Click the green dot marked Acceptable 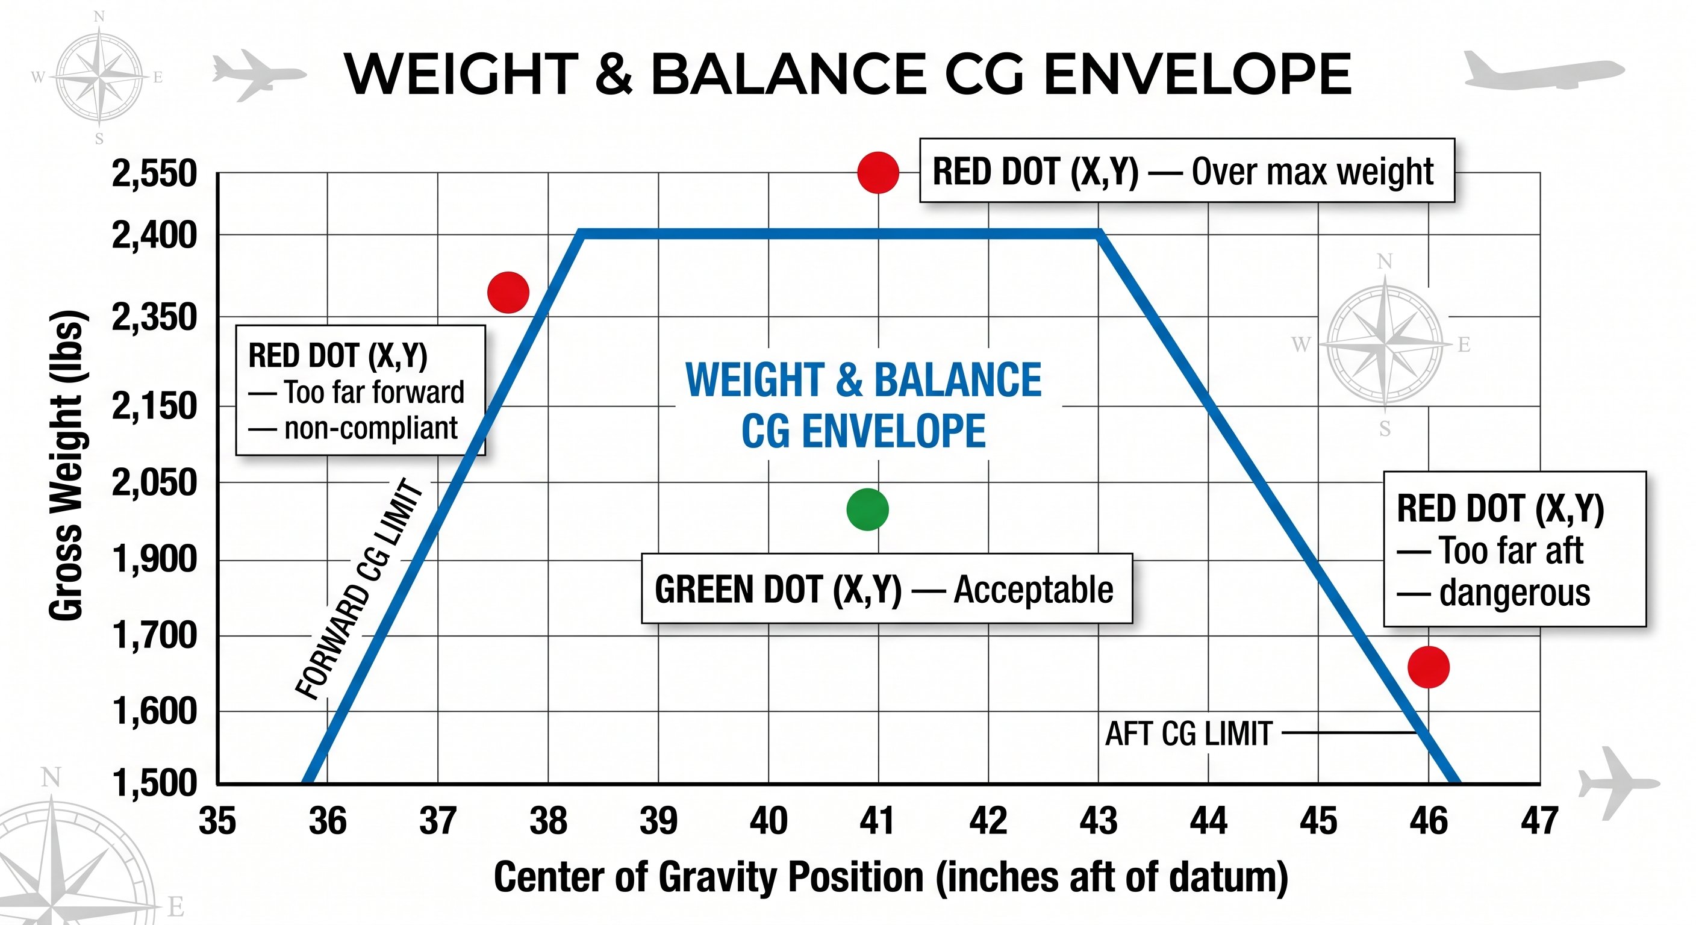tap(867, 509)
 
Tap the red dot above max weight tap(878, 172)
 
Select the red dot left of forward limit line tap(508, 291)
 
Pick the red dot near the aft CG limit tap(1428, 667)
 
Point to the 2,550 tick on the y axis tap(154, 174)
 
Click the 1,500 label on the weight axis tap(154, 783)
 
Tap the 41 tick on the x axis tap(878, 821)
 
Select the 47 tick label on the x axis tap(1539, 821)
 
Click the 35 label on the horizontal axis tap(217, 821)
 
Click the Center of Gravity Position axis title tap(890, 877)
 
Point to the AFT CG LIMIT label tap(1188, 733)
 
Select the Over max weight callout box tap(1186, 171)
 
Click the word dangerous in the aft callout tap(1514, 593)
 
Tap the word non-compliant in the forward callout tap(370, 429)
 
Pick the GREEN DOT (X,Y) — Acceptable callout tap(886, 588)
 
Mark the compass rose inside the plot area tap(1385, 344)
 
